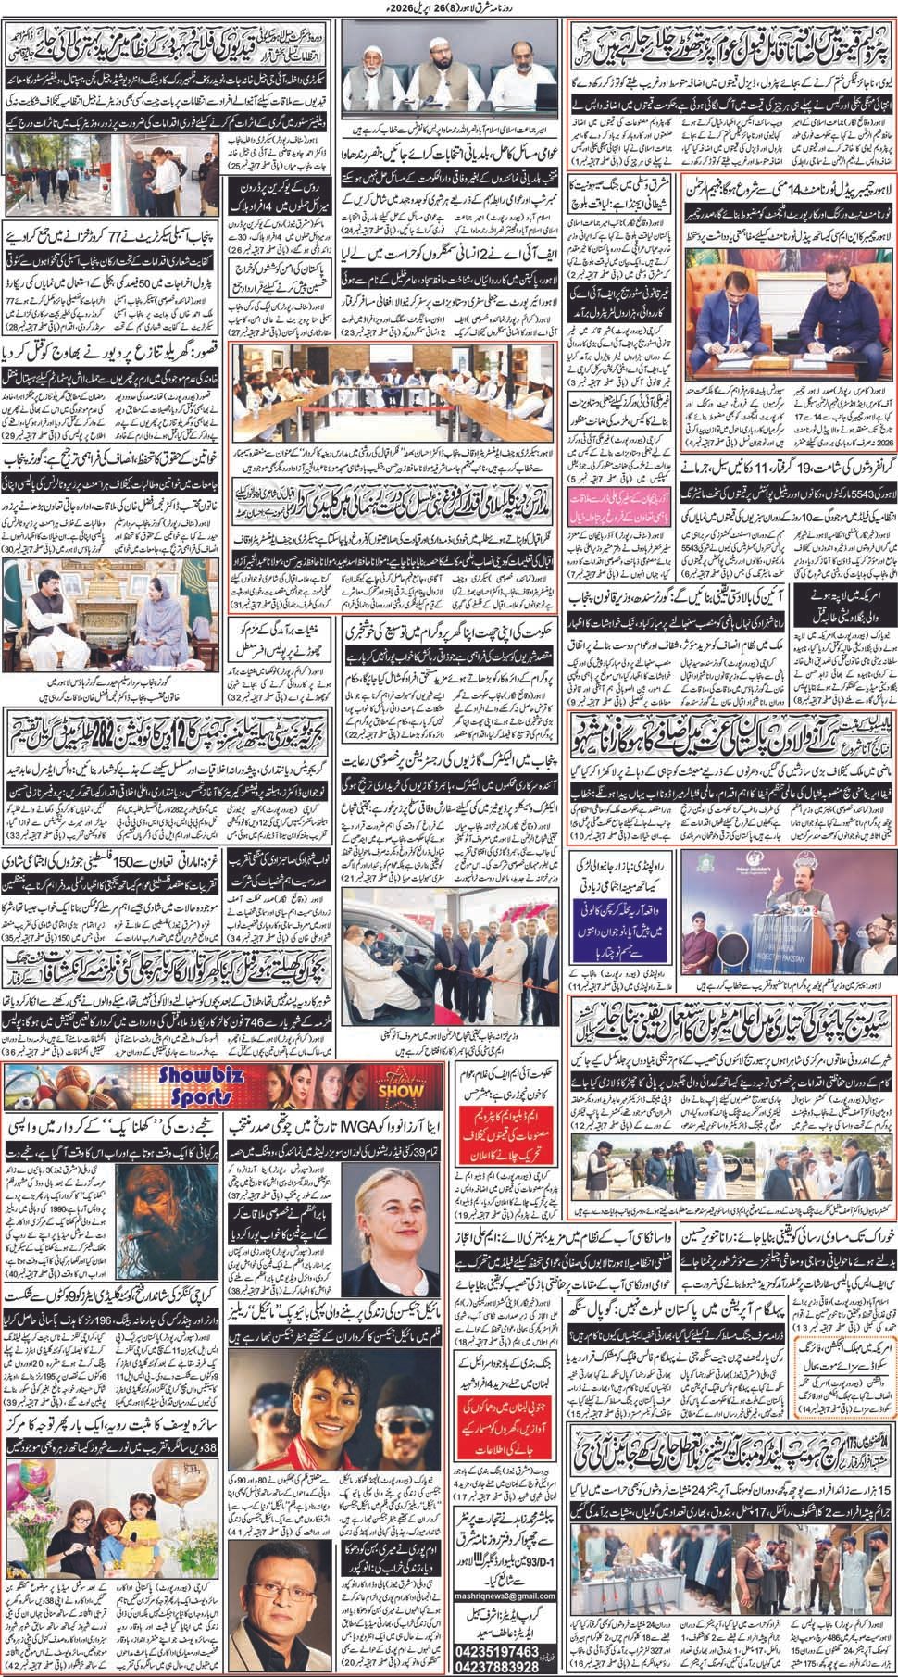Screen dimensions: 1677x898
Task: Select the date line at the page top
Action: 449,8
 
